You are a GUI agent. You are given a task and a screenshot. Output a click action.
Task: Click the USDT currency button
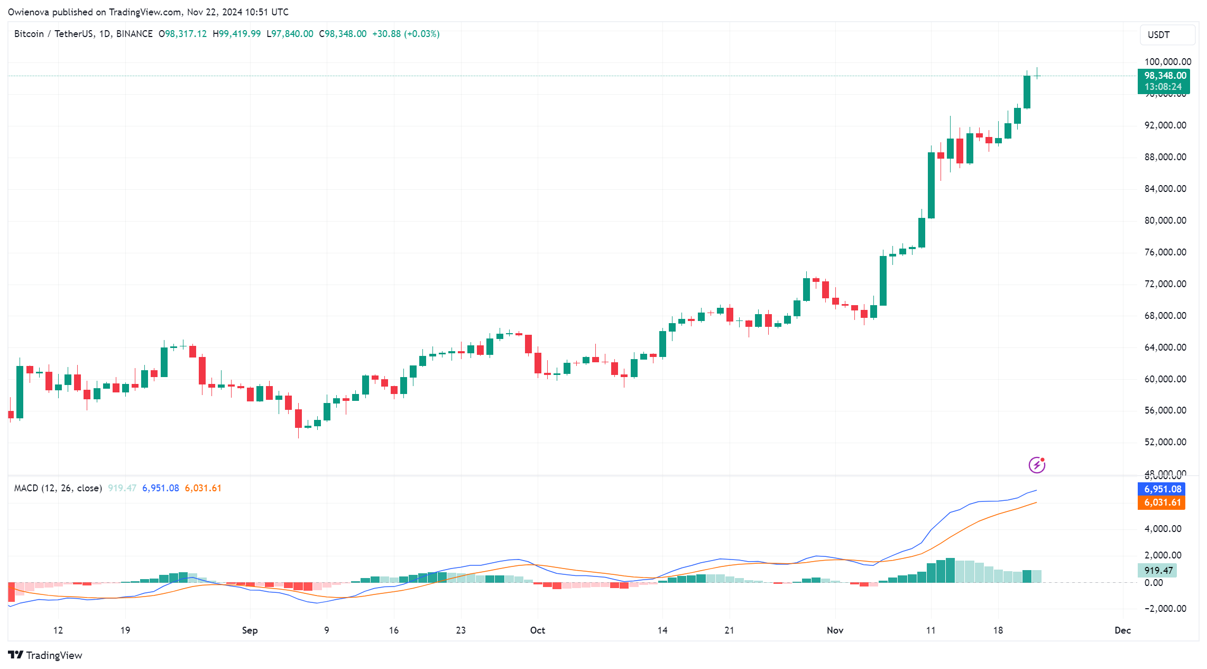[1167, 35]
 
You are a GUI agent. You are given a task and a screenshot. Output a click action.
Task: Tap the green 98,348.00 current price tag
[1163, 76]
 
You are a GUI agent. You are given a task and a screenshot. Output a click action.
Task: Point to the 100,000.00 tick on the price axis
[1167, 62]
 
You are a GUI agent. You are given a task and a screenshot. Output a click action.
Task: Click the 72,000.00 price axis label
[1165, 284]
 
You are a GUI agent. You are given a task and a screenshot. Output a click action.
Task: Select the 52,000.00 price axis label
[1165, 442]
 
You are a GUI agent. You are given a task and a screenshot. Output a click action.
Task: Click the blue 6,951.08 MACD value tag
[1162, 489]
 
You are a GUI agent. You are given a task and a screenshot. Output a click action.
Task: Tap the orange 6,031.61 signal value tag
[1162, 502]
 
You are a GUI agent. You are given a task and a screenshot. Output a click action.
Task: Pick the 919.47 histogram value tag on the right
[1158, 571]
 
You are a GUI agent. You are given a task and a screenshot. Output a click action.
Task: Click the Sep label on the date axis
[250, 630]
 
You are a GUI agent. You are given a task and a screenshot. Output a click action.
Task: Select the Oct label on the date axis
[537, 630]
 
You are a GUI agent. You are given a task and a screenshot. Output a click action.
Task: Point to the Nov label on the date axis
[835, 630]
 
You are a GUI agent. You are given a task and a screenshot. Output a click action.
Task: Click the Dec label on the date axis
[1122, 630]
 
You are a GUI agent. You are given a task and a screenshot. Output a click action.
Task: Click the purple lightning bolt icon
[1037, 465]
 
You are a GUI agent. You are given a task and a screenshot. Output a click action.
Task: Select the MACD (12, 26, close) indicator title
[58, 488]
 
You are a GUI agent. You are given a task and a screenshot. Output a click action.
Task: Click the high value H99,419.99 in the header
[236, 34]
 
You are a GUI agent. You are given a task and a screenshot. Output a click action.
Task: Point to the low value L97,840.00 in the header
[290, 34]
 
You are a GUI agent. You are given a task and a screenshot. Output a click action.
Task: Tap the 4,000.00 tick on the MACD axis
[1163, 529]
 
